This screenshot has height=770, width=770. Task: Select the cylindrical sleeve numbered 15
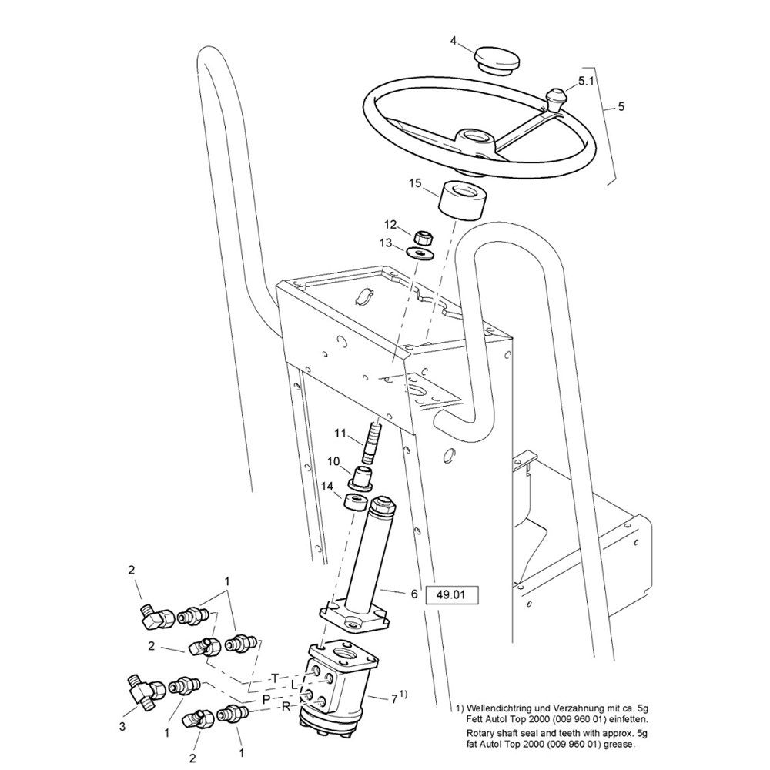click(461, 198)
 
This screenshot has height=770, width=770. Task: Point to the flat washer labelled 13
click(420, 253)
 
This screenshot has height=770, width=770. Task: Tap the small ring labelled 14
click(356, 503)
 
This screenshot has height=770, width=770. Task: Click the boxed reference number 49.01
click(451, 595)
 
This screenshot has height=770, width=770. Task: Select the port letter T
click(276, 678)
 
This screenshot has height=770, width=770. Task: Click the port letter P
click(266, 699)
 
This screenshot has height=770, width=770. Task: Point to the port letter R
click(286, 708)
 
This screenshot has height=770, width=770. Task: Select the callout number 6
click(414, 594)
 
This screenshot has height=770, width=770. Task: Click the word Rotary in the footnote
click(480, 734)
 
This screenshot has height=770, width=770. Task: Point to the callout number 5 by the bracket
click(621, 106)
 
